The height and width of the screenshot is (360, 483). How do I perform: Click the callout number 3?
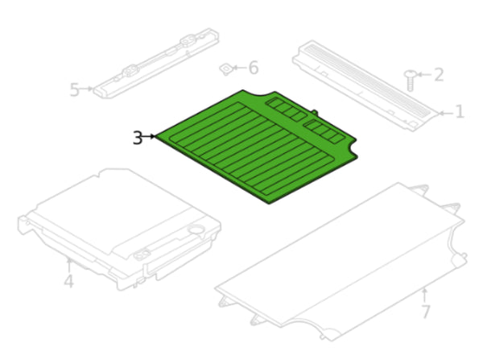click(x=138, y=138)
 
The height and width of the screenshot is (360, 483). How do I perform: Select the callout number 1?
click(x=459, y=112)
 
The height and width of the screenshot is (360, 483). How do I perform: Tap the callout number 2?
click(x=438, y=75)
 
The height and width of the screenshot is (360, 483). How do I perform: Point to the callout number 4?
click(x=68, y=281)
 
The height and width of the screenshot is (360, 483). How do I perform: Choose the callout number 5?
click(x=74, y=89)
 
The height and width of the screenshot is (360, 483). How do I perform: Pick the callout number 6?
click(x=253, y=68)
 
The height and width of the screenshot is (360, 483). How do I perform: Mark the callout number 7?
click(x=425, y=311)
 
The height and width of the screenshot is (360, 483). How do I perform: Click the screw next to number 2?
click(x=411, y=78)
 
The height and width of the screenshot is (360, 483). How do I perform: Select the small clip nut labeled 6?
click(x=228, y=70)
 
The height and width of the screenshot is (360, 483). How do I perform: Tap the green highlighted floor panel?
click(x=250, y=145)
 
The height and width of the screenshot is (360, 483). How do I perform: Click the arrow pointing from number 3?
click(x=151, y=137)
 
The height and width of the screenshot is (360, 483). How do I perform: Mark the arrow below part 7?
click(x=425, y=292)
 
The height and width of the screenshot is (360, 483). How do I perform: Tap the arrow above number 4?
click(x=68, y=264)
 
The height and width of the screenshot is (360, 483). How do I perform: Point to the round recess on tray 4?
click(x=193, y=230)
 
